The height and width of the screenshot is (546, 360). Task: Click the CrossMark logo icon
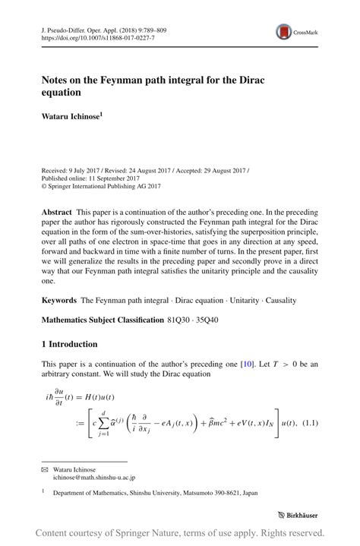pyautogui.click(x=284, y=32)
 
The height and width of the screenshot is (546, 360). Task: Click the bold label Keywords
pyautogui.click(x=59, y=301)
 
